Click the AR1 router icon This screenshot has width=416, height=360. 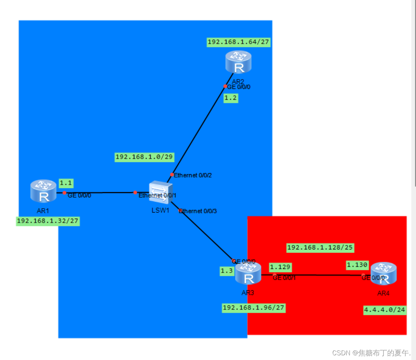click(43, 192)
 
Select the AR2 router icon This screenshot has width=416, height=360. click(238, 63)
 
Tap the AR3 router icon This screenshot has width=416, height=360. click(248, 274)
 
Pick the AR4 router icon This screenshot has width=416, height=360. click(384, 274)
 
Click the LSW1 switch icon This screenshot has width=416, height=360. click(161, 193)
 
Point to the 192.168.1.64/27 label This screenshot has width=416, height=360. click(239, 42)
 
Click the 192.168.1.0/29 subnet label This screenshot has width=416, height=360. click(144, 157)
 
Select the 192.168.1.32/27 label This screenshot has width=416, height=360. click(48, 222)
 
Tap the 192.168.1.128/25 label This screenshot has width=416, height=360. click(320, 248)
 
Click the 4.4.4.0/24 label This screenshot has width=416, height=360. click(385, 310)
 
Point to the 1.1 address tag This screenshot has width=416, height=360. click(66, 183)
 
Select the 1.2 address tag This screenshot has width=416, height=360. click(231, 98)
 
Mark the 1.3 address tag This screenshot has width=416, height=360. click(227, 271)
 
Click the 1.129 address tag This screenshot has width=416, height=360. click(280, 267)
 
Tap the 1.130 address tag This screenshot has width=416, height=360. click(357, 265)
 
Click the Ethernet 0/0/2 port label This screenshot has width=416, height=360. click(193, 175)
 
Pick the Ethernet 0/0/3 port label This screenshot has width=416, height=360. click(198, 211)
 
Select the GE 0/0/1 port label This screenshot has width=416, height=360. click(284, 278)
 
